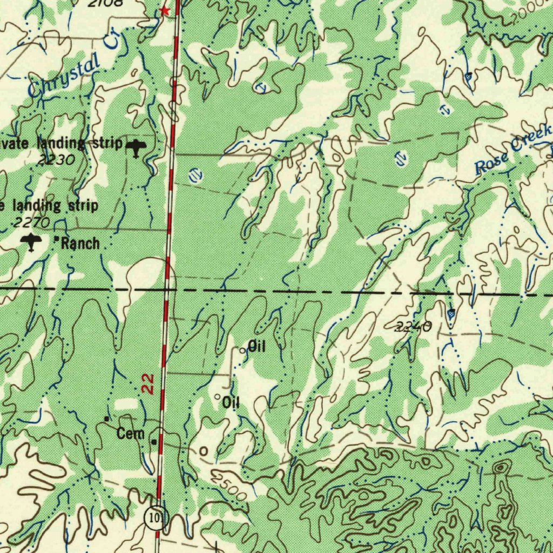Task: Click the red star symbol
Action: tap(166, 11)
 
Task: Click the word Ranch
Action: tap(80, 244)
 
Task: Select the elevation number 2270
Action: tap(32, 222)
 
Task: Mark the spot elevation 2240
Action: tap(413, 326)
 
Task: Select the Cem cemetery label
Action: tap(131, 433)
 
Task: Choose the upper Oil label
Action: tap(257, 346)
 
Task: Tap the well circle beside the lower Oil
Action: tap(218, 398)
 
